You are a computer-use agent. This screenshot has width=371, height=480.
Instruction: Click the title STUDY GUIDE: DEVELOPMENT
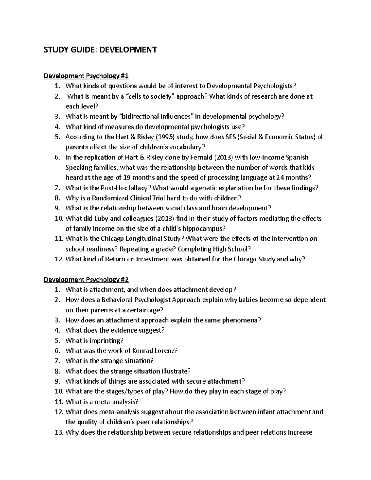tap(100, 49)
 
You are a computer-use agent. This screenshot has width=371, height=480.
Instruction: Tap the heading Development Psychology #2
tap(86, 280)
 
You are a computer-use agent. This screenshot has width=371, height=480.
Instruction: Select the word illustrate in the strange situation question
tap(173, 371)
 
